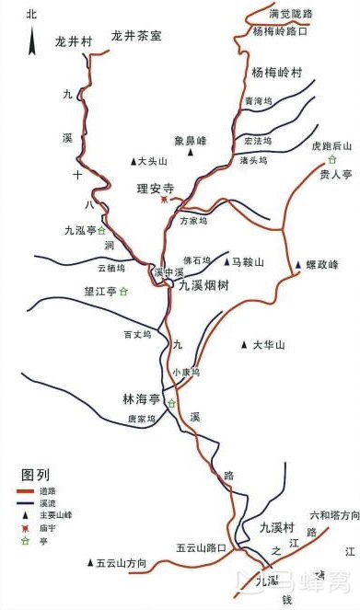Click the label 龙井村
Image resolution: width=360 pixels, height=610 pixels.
(x=75, y=41)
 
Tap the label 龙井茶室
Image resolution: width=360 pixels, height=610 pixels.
(x=136, y=36)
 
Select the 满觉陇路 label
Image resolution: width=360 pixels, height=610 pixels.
(x=291, y=14)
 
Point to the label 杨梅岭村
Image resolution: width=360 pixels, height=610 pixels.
(x=271, y=71)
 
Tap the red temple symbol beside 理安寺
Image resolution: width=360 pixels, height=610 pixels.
(x=164, y=198)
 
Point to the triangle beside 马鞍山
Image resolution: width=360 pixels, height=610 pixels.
(x=226, y=262)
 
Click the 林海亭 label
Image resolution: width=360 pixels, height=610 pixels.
(x=142, y=399)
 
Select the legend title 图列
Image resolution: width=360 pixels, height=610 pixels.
(x=35, y=475)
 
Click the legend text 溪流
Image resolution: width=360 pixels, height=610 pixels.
(x=49, y=503)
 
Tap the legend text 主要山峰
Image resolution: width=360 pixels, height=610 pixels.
(x=54, y=515)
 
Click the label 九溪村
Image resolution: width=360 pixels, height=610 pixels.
(x=275, y=527)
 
